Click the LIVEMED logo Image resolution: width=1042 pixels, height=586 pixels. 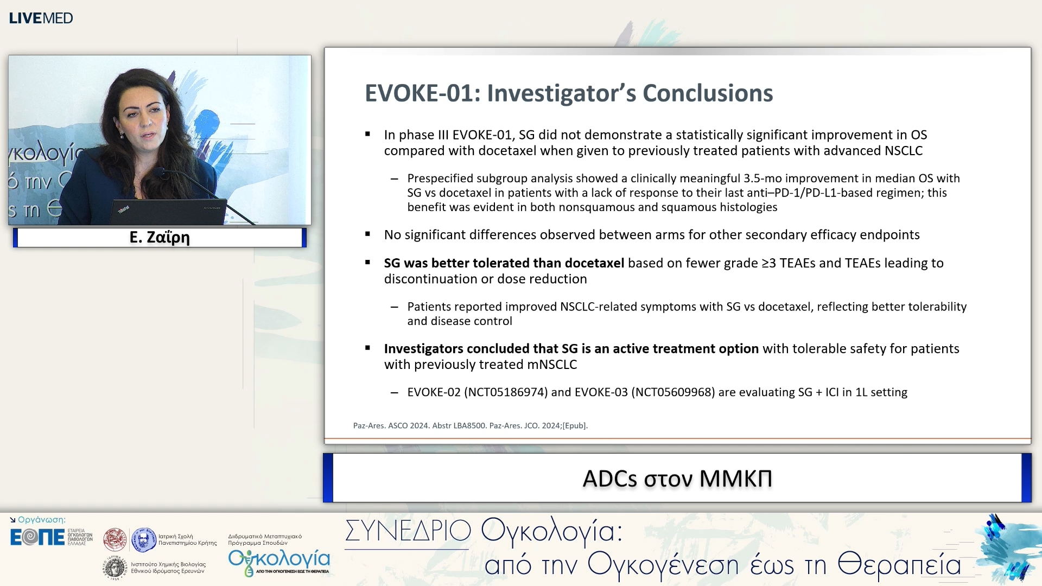click(x=41, y=18)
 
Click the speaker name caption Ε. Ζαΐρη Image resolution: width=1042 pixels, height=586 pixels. click(x=160, y=238)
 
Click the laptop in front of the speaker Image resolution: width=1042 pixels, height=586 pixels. click(x=168, y=212)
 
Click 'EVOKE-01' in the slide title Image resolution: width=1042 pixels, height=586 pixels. click(x=418, y=93)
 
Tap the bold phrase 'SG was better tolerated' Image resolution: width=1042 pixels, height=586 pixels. click(x=454, y=263)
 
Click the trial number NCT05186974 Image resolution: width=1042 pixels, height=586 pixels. click(x=506, y=392)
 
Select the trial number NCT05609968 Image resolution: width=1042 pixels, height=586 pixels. click(x=673, y=392)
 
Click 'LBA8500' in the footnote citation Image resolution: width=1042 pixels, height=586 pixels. click(x=469, y=426)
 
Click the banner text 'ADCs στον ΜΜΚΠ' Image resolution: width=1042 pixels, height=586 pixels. click(x=677, y=479)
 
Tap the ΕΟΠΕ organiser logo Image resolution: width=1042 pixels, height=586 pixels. click(x=37, y=537)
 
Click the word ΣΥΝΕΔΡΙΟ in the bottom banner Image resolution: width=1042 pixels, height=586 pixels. click(x=408, y=531)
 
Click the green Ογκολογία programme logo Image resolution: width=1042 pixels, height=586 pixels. click(x=279, y=561)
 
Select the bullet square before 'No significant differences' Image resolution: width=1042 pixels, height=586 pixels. click(x=368, y=234)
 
